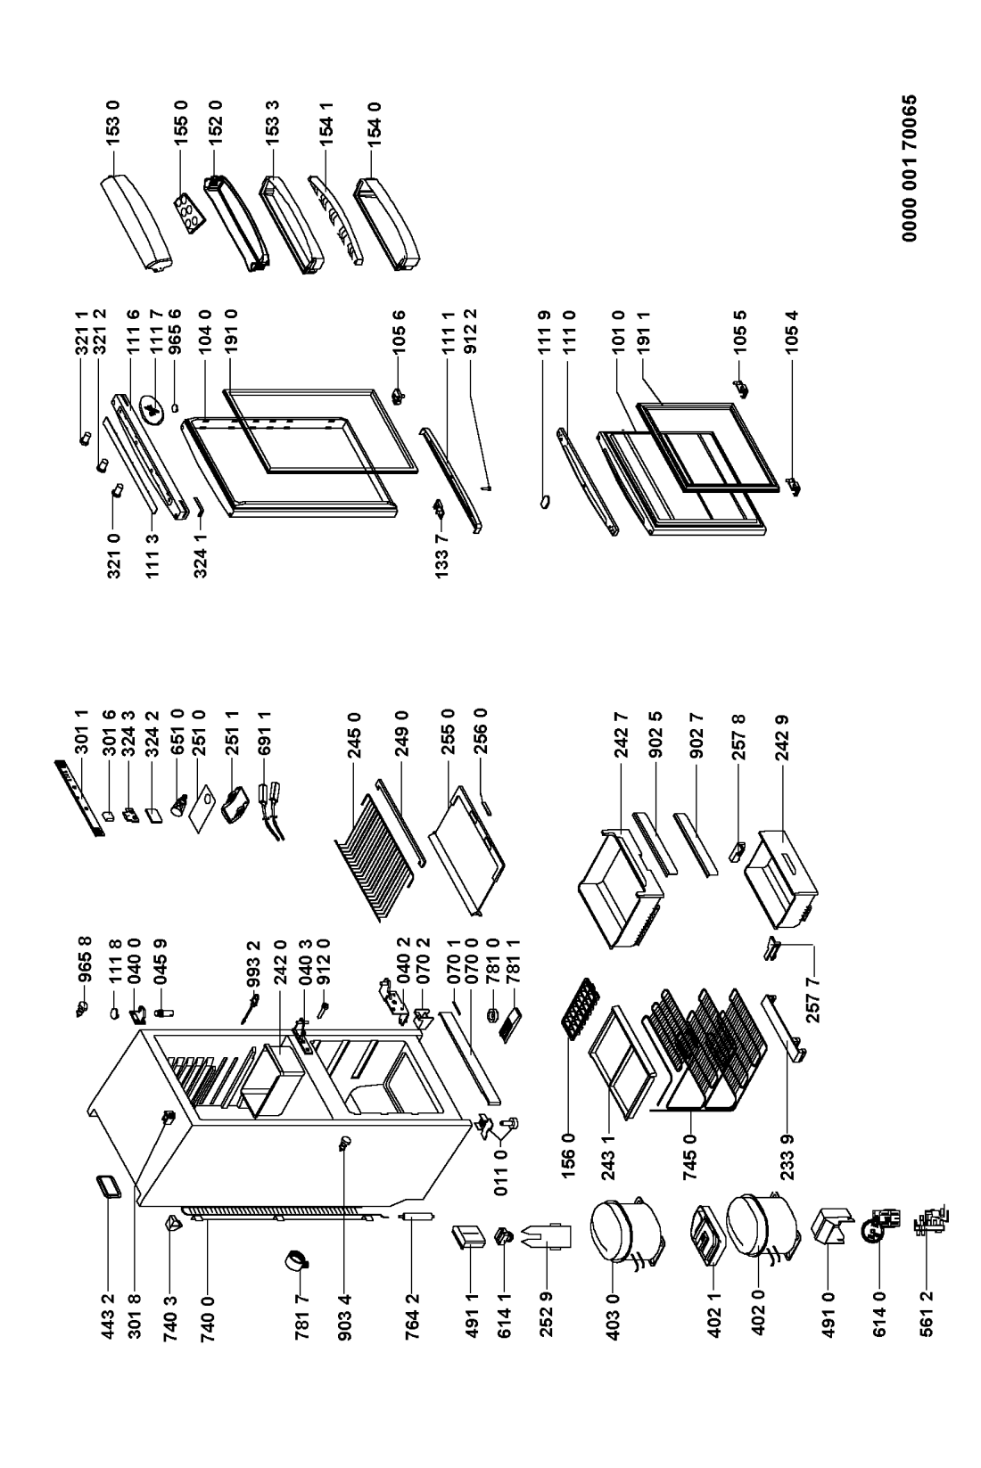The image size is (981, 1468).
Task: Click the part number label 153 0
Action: (113, 127)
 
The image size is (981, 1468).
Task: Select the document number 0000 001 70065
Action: (909, 168)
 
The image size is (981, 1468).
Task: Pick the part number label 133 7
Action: (442, 554)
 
